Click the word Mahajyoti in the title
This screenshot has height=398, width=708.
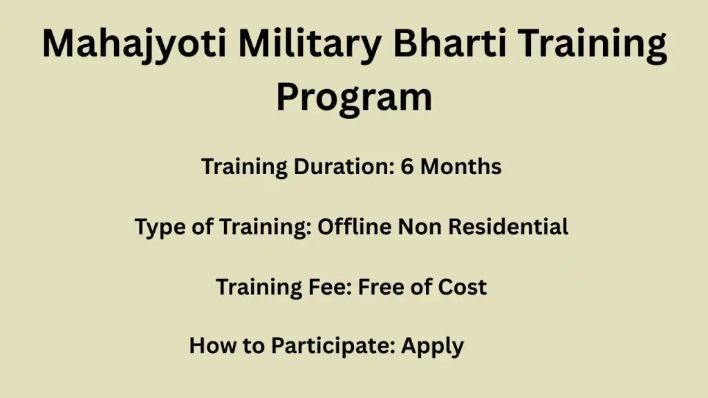pyautogui.click(x=134, y=44)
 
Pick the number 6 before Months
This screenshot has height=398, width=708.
pyautogui.click(x=407, y=167)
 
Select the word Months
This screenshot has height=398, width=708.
pyautogui.click(x=460, y=167)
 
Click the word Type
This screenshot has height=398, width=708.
pyautogui.click(x=160, y=227)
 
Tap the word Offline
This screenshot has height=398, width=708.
pyautogui.click(x=355, y=226)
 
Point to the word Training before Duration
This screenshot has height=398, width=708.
pyautogui.click(x=244, y=167)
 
